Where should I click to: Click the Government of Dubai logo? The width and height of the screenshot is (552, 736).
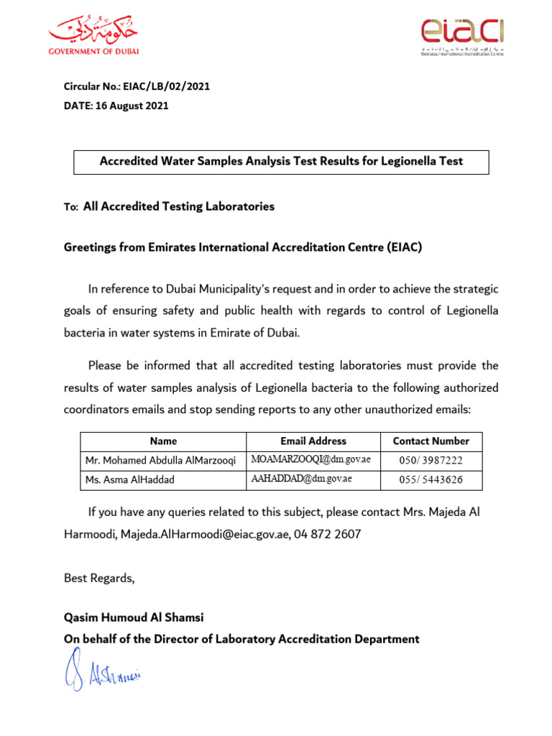pyautogui.click(x=93, y=35)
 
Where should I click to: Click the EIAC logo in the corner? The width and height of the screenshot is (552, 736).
pyautogui.click(x=461, y=36)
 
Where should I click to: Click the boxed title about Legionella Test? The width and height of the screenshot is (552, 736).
pyautogui.click(x=281, y=162)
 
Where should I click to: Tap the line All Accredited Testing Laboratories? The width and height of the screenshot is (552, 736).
pyautogui.click(x=179, y=206)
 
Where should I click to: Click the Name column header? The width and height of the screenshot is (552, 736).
pyautogui.click(x=163, y=441)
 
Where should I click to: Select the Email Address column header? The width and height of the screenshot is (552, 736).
pyautogui.click(x=313, y=441)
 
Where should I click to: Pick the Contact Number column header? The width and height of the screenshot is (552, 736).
pyautogui.click(x=431, y=441)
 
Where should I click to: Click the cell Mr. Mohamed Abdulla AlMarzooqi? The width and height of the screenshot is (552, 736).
pyautogui.click(x=160, y=461)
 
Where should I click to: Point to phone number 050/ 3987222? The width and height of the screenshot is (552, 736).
pyautogui.click(x=431, y=461)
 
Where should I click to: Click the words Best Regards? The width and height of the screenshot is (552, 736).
pyautogui.click(x=99, y=578)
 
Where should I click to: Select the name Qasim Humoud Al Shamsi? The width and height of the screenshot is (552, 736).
pyautogui.click(x=134, y=618)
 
